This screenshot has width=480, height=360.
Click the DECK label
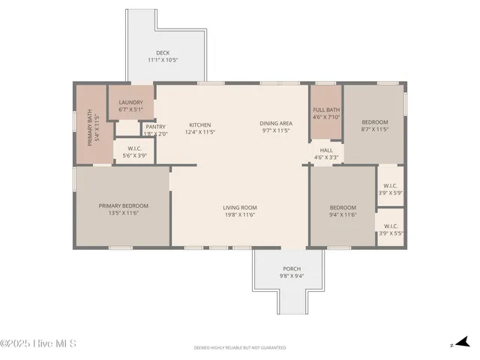(x=163, y=53)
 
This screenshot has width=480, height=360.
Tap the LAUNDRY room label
(x=130, y=101)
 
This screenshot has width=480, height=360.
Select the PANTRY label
(x=156, y=127)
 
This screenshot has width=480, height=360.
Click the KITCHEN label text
(x=200, y=124)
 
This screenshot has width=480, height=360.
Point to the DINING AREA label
(x=276, y=123)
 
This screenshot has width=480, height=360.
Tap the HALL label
(x=326, y=150)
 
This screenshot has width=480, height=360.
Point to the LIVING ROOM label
(x=240, y=208)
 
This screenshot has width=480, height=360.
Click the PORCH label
(x=292, y=268)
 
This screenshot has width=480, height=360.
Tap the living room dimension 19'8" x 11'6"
(x=240, y=215)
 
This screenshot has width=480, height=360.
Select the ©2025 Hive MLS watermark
(x=38, y=344)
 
